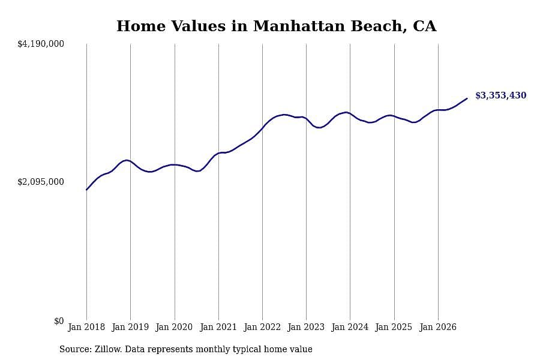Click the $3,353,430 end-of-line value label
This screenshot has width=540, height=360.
tap(501, 95)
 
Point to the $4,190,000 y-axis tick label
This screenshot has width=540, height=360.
tap(41, 44)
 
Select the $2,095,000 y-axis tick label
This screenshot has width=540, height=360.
tap(41, 182)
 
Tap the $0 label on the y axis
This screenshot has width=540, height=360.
tap(59, 321)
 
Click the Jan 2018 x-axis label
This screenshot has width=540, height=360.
tap(86, 327)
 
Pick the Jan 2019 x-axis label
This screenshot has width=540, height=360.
tap(130, 327)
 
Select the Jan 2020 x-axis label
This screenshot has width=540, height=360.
tap(174, 327)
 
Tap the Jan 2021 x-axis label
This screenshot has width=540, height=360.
tap(218, 327)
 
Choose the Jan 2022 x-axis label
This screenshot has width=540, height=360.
tap(262, 327)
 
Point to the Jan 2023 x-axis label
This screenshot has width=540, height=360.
tap(306, 327)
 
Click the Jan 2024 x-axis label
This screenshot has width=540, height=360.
tap(350, 327)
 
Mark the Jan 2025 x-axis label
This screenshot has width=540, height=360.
tap(394, 327)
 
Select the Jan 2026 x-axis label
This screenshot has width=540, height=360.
tap(438, 327)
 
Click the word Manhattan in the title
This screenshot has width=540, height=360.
tap(299, 26)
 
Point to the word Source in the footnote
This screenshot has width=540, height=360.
tap(76, 349)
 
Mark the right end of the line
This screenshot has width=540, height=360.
tap(467, 98)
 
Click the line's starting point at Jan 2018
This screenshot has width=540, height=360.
tap(86, 190)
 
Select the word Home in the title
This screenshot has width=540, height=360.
tap(141, 26)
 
